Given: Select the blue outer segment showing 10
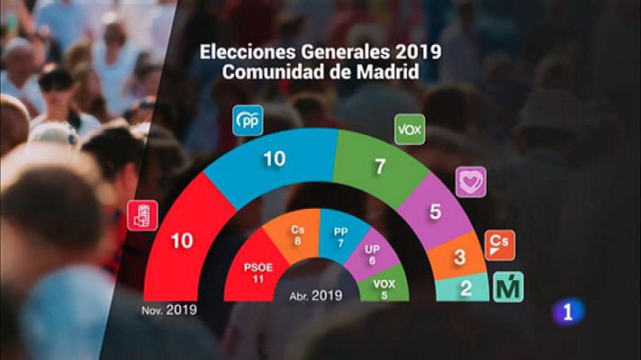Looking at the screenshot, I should click(x=274, y=159).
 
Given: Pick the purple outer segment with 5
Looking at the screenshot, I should click(x=435, y=213).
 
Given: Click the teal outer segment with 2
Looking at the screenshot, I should click(x=465, y=290).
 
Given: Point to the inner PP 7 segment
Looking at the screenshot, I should click(x=339, y=237).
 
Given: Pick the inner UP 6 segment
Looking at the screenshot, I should click(x=371, y=256).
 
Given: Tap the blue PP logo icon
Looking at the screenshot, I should click(x=247, y=121).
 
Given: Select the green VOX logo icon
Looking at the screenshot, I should click(x=410, y=130).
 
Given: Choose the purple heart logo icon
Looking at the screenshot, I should click(x=470, y=181).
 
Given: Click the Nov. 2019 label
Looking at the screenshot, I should click(x=169, y=310).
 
